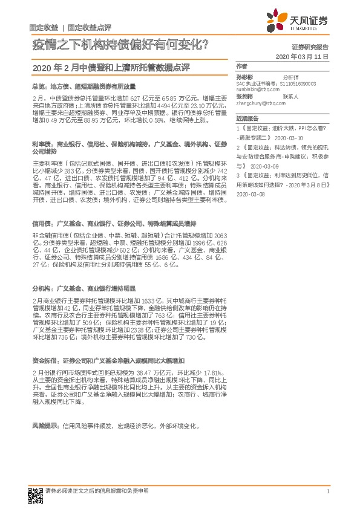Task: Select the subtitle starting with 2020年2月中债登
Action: pyautogui.click(x=116, y=66)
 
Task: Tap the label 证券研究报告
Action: pyautogui.click(x=310, y=46)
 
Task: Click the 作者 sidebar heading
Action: pyautogui.click(x=241, y=65)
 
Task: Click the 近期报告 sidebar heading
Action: pyautogui.click(x=247, y=120)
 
